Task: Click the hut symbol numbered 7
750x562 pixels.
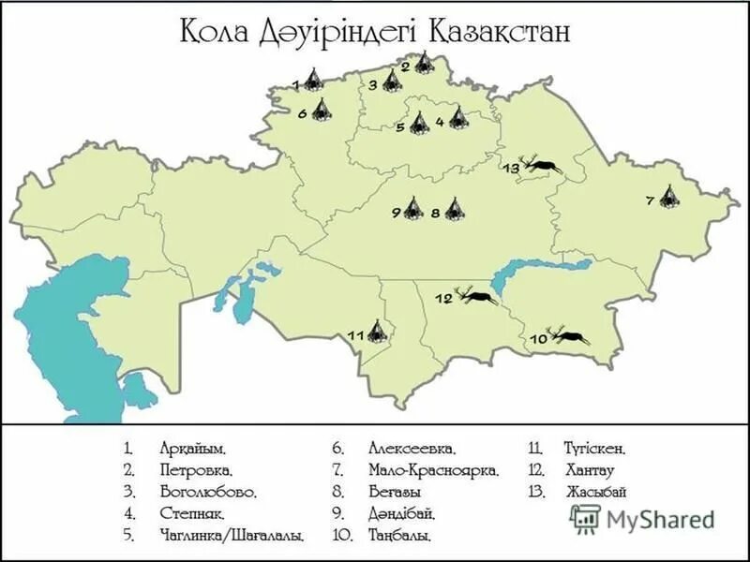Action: [668, 198]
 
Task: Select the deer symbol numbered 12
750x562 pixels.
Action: [478, 299]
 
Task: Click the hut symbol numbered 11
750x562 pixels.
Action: [377, 331]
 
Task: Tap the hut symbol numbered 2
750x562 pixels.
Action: [425, 64]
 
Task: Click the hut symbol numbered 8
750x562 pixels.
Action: [454, 210]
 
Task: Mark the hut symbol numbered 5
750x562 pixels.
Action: [418, 124]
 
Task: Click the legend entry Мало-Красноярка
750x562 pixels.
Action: [433, 470]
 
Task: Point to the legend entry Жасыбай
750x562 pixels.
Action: [596, 492]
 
